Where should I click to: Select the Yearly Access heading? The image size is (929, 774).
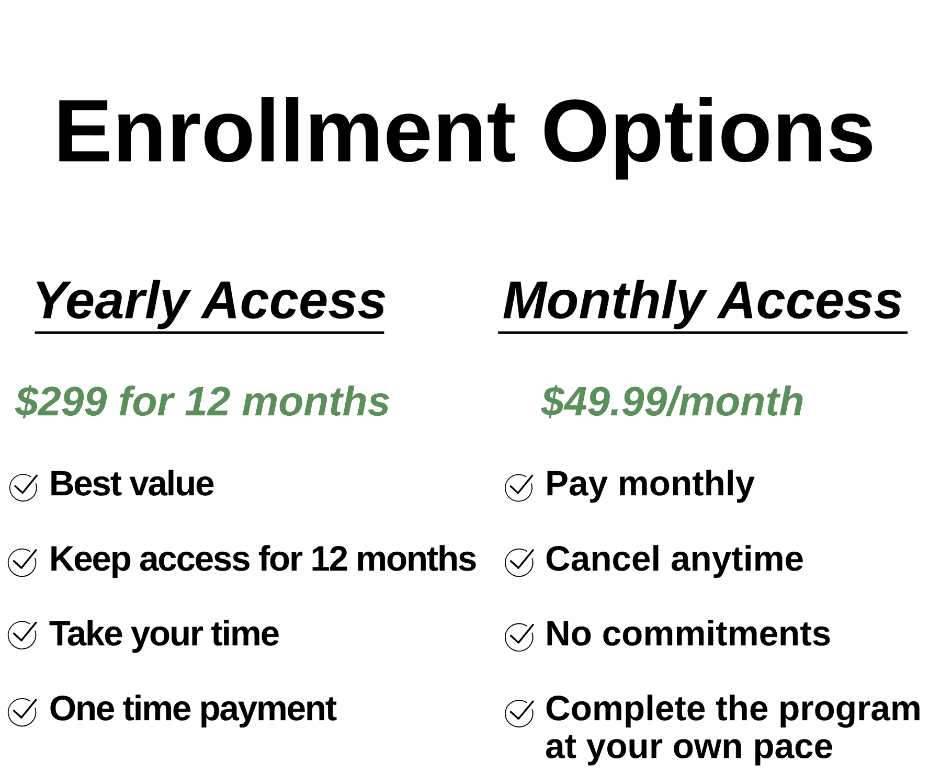210,301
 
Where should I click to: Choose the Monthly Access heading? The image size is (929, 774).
702,301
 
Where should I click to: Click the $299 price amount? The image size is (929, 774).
61,402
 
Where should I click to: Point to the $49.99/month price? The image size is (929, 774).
672,402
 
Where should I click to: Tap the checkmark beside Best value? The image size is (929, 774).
24,487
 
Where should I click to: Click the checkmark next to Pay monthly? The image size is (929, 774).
519,487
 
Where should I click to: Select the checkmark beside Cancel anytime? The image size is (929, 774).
519,562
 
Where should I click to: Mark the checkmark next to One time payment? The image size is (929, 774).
22,712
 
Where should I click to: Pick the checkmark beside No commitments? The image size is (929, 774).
519,636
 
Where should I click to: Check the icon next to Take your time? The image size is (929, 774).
22,635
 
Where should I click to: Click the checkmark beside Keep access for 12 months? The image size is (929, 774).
22,562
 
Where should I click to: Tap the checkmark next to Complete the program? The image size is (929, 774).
519,713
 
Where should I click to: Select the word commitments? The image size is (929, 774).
716,634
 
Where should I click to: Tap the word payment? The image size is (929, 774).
268,710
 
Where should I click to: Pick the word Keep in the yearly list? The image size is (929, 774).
89,559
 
